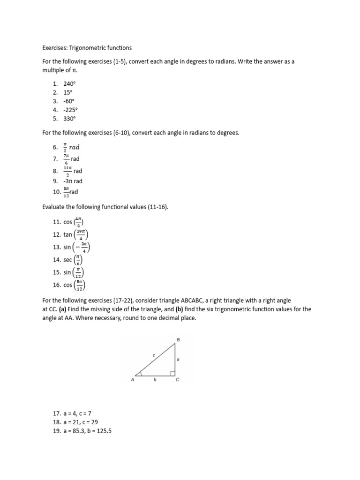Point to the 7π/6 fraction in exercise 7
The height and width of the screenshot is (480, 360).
point(67,158)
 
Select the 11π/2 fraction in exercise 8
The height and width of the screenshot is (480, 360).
point(67,170)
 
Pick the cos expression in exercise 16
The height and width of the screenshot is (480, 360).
point(75,285)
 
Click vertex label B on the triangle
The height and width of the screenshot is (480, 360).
point(178,339)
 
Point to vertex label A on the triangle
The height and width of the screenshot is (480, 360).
point(133,381)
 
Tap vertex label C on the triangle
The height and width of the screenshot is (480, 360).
point(177,381)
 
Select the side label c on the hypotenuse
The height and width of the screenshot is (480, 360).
point(153,356)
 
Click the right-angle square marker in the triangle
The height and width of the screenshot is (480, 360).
point(172,373)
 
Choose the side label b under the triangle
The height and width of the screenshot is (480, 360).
point(155,381)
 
